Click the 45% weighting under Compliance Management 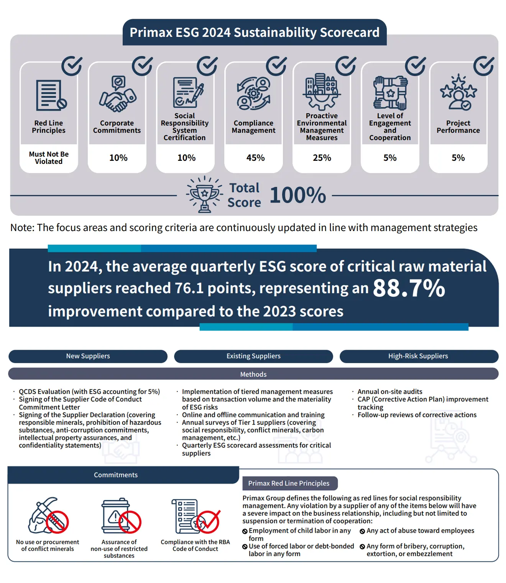click(255, 158)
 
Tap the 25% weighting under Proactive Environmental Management click(322, 158)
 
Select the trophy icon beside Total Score click(204, 194)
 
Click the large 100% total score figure click(298, 195)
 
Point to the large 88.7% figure click(409, 288)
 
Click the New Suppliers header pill click(88, 356)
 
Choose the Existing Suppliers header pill click(253, 356)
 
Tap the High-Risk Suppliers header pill click(418, 356)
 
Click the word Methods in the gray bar click(253, 374)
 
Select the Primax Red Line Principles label click(289, 483)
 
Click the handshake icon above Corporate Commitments click(118, 94)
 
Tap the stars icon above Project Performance click(458, 93)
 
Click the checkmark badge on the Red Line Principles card click(72, 66)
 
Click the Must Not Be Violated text click(49, 158)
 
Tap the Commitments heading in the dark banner click(116, 475)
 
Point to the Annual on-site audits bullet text click(390, 391)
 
